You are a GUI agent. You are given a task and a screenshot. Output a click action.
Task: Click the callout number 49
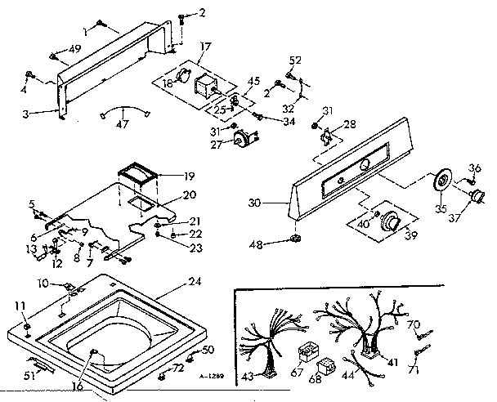(x=75, y=48)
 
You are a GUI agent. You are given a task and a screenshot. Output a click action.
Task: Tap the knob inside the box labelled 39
(x=392, y=221)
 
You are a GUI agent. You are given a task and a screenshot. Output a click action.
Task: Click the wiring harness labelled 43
(x=265, y=347)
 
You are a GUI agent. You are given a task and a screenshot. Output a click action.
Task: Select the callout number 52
(x=295, y=60)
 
